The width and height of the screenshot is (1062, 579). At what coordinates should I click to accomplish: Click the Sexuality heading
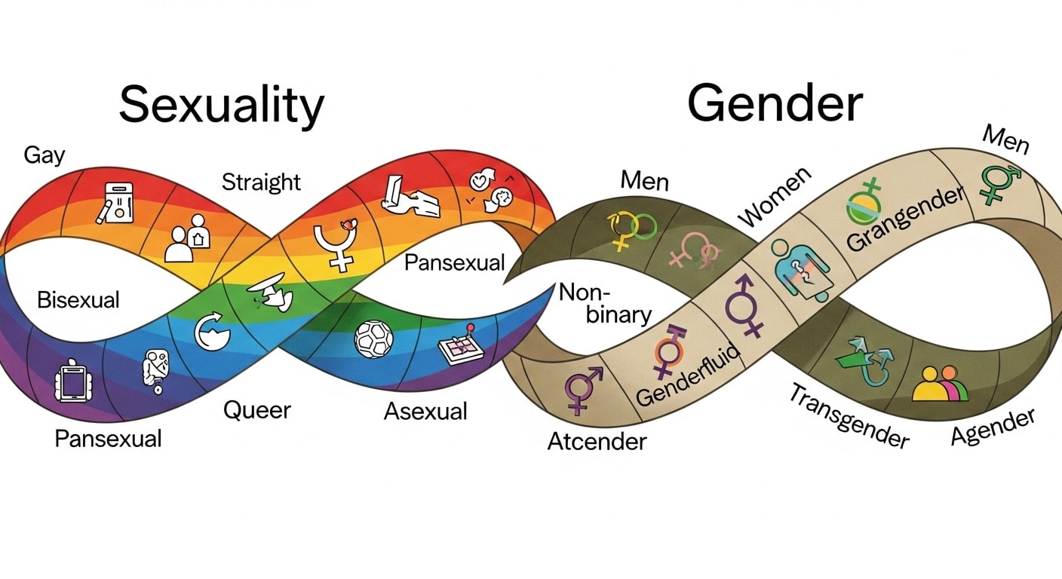tap(221, 106)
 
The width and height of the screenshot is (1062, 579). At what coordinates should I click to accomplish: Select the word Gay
tap(45, 155)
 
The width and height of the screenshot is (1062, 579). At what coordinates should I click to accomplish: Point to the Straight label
tap(261, 182)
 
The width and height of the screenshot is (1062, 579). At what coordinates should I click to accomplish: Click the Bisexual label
tap(78, 299)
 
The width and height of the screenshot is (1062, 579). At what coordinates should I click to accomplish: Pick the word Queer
tap(256, 410)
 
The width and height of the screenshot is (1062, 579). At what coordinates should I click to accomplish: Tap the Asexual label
tap(425, 411)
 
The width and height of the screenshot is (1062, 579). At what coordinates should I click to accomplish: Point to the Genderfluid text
tap(687, 372)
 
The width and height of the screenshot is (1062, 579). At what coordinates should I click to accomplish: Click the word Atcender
tap(597, 440)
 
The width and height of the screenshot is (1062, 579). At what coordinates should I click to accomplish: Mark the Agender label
tap(993, 427)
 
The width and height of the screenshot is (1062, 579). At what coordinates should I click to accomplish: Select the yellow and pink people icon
tap(939, 384)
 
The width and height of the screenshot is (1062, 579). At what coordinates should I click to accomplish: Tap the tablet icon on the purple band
tap(74, 382)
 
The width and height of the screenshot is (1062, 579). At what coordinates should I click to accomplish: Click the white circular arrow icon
tap(210, 332)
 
